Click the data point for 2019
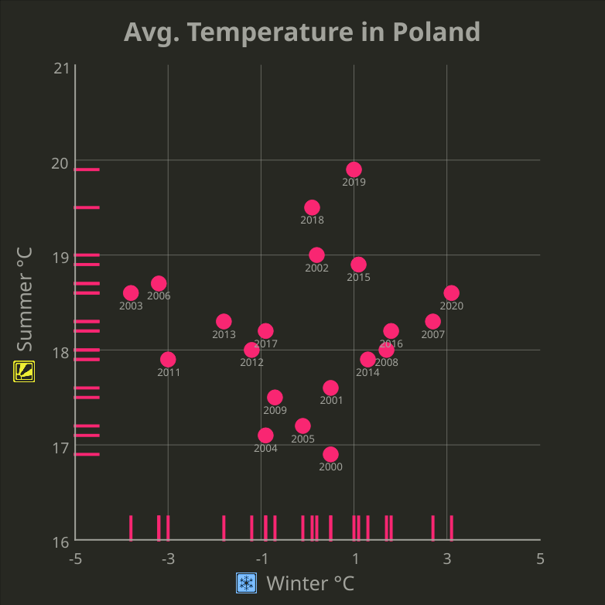coord(354,169)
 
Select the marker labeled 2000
coord(330,454)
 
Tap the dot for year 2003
coord(131,292)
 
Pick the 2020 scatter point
coord(451,292)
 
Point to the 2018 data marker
coord(312,207)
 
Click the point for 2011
coord(168,359)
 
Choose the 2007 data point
coord(432,321)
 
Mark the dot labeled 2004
coord(265,435)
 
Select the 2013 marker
coord(224,321)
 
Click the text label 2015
coord(358,277)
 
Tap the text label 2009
coord(275,410)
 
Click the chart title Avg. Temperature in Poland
coord(302,32)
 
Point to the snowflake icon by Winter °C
coord(246,583)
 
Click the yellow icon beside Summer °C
coord(24,371)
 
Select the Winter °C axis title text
coord(310,583)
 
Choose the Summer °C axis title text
coord(24,299)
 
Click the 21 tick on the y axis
coord(61,68)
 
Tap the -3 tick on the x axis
coord(168,559)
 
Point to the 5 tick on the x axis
coord(540,559)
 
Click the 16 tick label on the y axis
coord(61,541)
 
